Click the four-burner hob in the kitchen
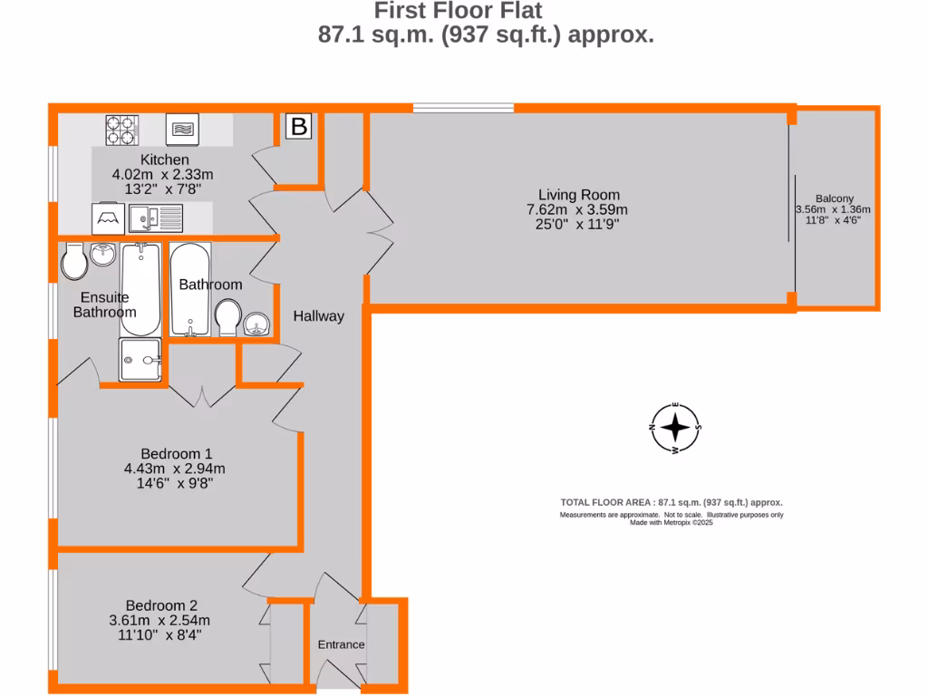coord(121,130)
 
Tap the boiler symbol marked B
coord(298,127)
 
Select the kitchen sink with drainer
coord(156,217)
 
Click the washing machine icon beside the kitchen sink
coord(107,217)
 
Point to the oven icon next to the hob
coord(182,130)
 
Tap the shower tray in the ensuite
coord(140,360)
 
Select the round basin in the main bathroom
coord(258,324)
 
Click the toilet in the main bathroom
coord(227,317)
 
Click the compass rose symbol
coord(675,427)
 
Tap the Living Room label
coord(578,194)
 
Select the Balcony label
coord(833,198)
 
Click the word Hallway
coord(318,316)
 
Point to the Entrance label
coord(341,644)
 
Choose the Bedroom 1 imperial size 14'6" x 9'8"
coord(162,484)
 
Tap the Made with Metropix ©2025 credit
coord(672,523)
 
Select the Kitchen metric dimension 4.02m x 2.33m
coord(162,175)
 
